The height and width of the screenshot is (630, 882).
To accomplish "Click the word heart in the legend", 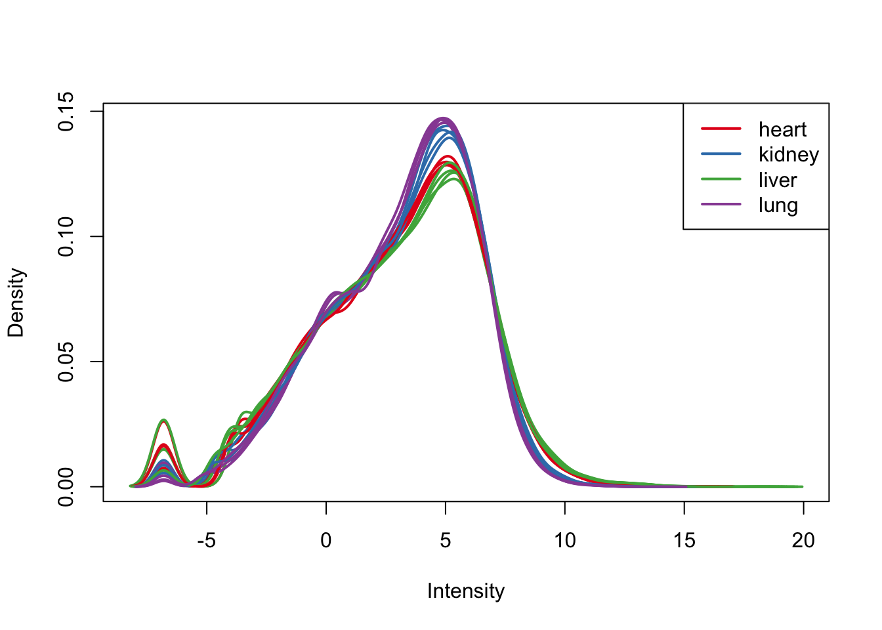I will (x=782, y=130).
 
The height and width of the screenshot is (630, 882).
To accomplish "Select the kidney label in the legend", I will (x=788, y=155).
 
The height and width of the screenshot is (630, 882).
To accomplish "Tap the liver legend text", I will (x=778, y=180).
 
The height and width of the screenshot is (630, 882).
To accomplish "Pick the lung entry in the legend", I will (x=778, y=205).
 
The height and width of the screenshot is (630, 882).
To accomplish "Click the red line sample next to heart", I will (x=721, y=129).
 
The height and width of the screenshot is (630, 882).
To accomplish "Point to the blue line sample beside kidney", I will (x=721, y=154).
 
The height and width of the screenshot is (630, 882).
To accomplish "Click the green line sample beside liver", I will (x=721, y=179).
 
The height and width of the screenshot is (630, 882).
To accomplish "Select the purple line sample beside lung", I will (x=721, y=204).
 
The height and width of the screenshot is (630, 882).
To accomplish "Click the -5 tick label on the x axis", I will (x=206, y=541).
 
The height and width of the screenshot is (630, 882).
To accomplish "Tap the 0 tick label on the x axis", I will (x=326, y=541).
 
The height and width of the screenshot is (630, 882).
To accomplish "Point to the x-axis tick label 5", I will (x=446, y=541).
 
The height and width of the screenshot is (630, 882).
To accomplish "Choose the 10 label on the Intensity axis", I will (x=564, y=541).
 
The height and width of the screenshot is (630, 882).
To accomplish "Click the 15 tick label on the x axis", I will (x=684, y=541).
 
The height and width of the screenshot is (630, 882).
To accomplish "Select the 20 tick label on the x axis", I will (x=803, y=541).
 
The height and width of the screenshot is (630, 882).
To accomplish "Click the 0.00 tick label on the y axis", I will (x=66, y=486).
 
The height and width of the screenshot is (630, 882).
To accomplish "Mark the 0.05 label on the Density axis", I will (x=66, y=362).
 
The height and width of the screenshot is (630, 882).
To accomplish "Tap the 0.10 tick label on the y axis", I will (x=66, y=236).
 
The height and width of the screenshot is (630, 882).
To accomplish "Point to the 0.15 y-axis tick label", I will (x=66, y=112).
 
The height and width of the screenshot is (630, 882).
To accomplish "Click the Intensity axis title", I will (x=466, y=591).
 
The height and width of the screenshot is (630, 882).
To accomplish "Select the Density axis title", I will (x=16, y=303).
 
